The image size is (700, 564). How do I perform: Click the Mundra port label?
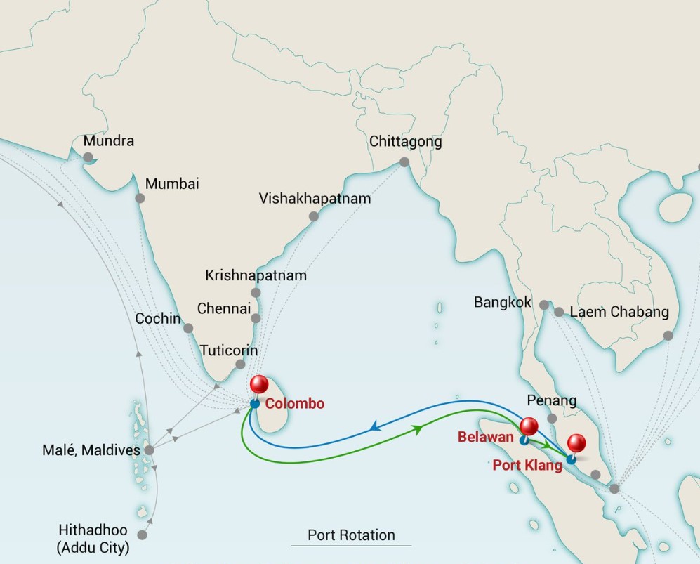click(x=108, y=140)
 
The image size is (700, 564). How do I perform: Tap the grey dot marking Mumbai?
click(x=140, y=199)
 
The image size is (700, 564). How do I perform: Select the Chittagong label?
click(x=406, y=142)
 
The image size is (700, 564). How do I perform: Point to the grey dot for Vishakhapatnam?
click(x=314, y=216)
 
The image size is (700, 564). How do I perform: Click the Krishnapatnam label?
click(x=256, y=275)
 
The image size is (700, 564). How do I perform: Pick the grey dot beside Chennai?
click(x=256, y=318)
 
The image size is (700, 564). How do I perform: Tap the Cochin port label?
click(x=158, y=319)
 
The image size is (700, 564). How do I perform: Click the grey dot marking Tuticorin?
click(x=240, y=365)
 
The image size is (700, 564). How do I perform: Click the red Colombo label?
click(x=295, y=404)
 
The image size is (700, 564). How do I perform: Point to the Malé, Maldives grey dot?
click(x=149, y=450)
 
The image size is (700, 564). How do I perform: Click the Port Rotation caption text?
click(x=351, y=535)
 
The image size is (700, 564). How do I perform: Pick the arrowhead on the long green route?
click(x=419, y=428)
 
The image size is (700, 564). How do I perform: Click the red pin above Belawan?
click(x=529, y=426)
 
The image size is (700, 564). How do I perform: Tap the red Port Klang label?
click(x=528, y=466)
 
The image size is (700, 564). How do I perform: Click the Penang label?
click(x=552, y=401)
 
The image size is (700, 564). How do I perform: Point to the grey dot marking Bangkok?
click(x=544, y=305)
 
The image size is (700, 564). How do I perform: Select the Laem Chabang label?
click(x=619, y=313)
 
